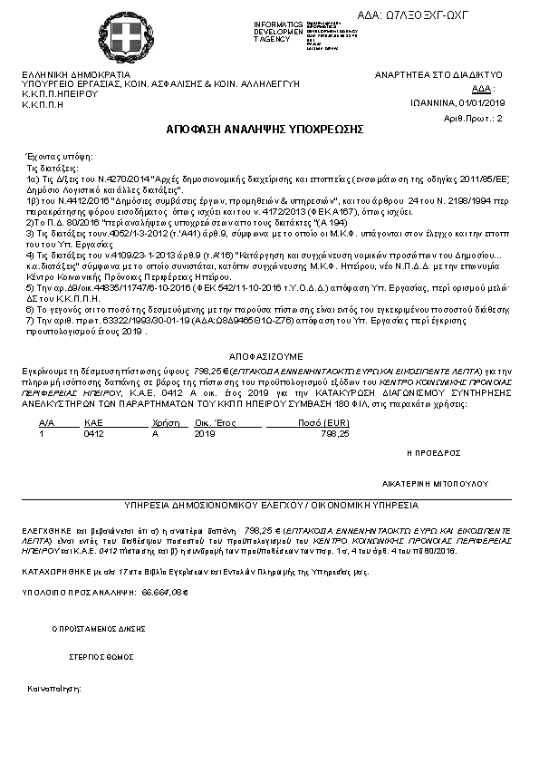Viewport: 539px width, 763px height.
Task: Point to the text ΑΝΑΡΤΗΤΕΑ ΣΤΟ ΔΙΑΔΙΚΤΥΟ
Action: tap(439, 74)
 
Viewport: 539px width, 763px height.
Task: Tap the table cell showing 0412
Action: tap(93, 434)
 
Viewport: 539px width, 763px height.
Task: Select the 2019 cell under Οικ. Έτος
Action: tap(206, 434)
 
